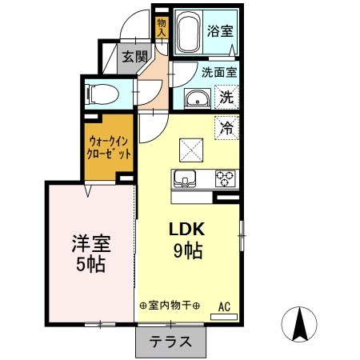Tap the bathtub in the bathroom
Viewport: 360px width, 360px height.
coord(189,33)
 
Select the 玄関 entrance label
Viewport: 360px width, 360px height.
coord(134,56)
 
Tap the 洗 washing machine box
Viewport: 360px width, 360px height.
coord(226,98)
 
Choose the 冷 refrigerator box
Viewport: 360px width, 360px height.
coord(226,126)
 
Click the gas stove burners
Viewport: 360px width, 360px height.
coord(223,178)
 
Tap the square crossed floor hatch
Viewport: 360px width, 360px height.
coord(192,148)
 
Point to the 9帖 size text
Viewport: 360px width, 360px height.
coord(187,250)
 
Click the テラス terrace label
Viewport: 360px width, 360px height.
coord(170,342)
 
